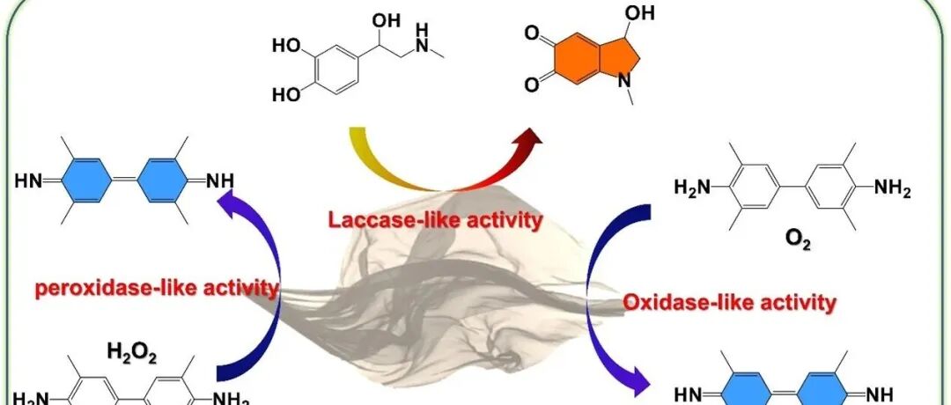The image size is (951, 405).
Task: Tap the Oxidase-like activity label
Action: (x=729, y=303)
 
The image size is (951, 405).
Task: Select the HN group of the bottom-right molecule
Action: (x=689, y=393)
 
